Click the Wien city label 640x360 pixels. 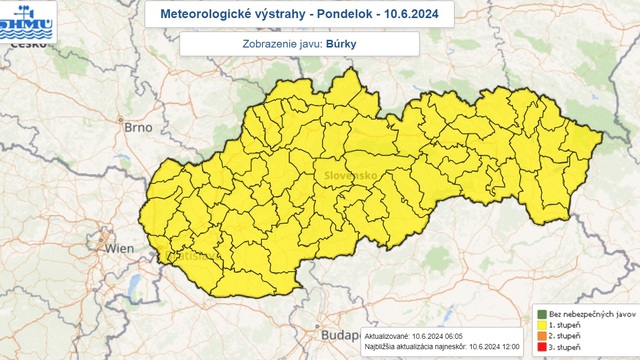[120, 247]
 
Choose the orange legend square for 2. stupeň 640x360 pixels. [541, 338]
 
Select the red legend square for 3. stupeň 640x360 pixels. [541, 349]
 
